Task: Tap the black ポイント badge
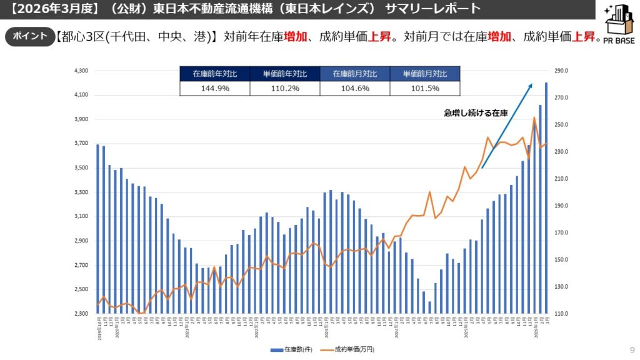pyautogui.click(x=30, y=36)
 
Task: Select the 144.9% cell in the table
pyautogui.click(x=214, y=89)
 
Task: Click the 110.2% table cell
pyautogui.click(x=284, y=89)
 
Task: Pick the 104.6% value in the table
pyautogui.click(x=354, y=89)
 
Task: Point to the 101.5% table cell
pyautogui.click(x=424, y=89)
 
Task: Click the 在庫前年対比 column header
pyautogui.click(x=214, y=74)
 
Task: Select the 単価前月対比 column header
pyautogui.click(x=424, y=74)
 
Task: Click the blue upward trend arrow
pyautogui.click(x=506, y=125)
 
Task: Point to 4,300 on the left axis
pyautogui.click(x=82, y=71)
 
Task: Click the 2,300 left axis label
pyautogui.click(x=82, y=314)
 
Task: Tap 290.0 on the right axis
pyautogui.click(x=562, y=71)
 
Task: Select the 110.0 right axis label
pyautogui.click(x=562, y=314)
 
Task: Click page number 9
pyautogui.click(x=632, y=349)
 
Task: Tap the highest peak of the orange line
pyautogui.click(x=534, y=117)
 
